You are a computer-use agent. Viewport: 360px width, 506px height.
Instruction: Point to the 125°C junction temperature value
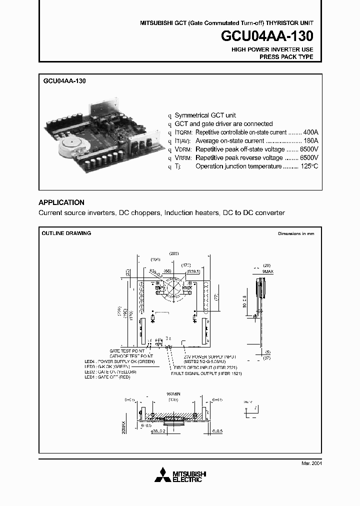308,166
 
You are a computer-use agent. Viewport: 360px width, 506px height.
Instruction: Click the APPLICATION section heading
61,202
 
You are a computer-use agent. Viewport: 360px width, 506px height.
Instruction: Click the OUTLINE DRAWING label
66,233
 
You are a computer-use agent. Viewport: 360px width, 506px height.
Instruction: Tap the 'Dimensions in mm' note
296,234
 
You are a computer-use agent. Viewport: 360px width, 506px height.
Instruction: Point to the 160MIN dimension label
173,394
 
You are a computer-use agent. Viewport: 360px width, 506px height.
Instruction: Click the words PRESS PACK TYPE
286,57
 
